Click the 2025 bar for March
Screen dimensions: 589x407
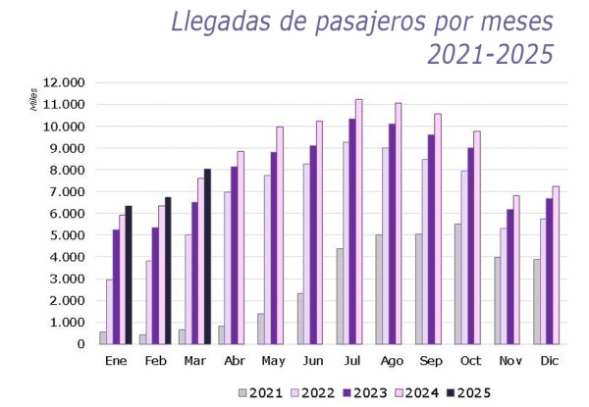(207, 257)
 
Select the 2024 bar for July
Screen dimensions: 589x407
(358, 222)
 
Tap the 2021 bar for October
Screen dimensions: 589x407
(457, 284)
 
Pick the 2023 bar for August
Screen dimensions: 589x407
(392, 234)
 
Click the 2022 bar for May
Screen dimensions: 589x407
(267, 260)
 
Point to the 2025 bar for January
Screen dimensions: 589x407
(129, 275)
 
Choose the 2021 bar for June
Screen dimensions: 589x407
(300, 319)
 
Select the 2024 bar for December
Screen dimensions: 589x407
(556, 265)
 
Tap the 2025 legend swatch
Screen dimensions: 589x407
(451, 392)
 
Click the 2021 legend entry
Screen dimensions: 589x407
(260, 392)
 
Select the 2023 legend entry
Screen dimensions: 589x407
(365, 392)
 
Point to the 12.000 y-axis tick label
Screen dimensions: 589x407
(64, 82)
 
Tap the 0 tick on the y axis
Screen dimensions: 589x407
(80, 344)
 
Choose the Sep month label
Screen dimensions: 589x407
(431, 361)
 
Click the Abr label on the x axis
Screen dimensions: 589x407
(234, 361)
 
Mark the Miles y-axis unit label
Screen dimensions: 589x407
(33, 99)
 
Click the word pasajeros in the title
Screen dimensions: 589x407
(370, 22)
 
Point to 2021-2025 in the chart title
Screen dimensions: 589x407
(491, 54)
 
